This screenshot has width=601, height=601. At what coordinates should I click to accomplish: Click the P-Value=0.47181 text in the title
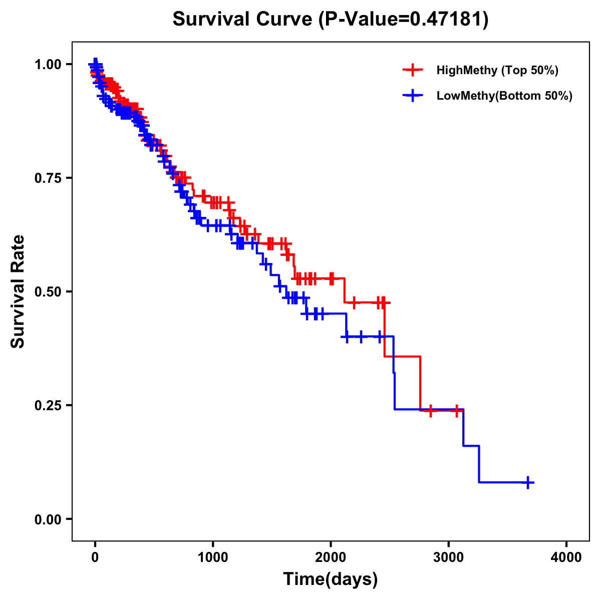[404, 19]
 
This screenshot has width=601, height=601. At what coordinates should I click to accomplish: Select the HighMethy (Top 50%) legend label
[497, 70]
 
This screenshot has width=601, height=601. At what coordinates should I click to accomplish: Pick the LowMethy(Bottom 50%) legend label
[504, 96]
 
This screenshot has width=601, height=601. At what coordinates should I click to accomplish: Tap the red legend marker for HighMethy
[413, 70]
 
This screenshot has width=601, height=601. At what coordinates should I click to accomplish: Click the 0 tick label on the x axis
[95, 557]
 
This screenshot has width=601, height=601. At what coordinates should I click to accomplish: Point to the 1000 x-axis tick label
[213, 557]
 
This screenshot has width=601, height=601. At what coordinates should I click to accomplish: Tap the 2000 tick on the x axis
[331, 557]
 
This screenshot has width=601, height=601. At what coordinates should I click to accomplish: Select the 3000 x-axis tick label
[449, 557]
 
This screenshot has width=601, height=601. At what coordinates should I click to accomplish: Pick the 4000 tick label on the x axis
[566, 557]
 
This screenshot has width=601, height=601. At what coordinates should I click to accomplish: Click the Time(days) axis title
[331, 579]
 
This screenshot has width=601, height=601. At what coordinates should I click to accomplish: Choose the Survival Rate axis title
[18, 291]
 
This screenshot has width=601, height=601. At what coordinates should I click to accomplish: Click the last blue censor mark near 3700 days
[528, 482]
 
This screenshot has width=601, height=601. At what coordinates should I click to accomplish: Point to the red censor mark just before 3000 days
[430, 411]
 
